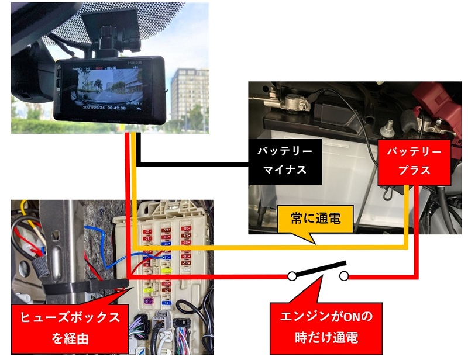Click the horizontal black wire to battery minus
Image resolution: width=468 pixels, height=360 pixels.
199,163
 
